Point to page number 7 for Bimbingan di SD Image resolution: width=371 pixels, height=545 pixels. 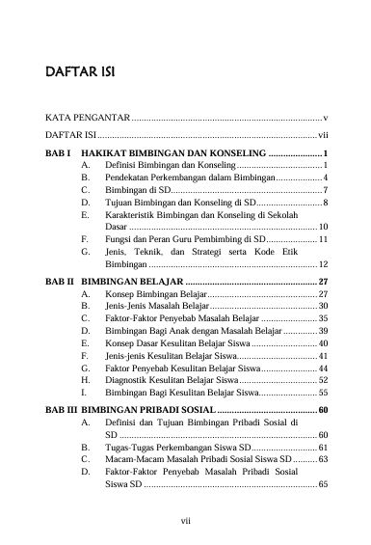tap(327, 192)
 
